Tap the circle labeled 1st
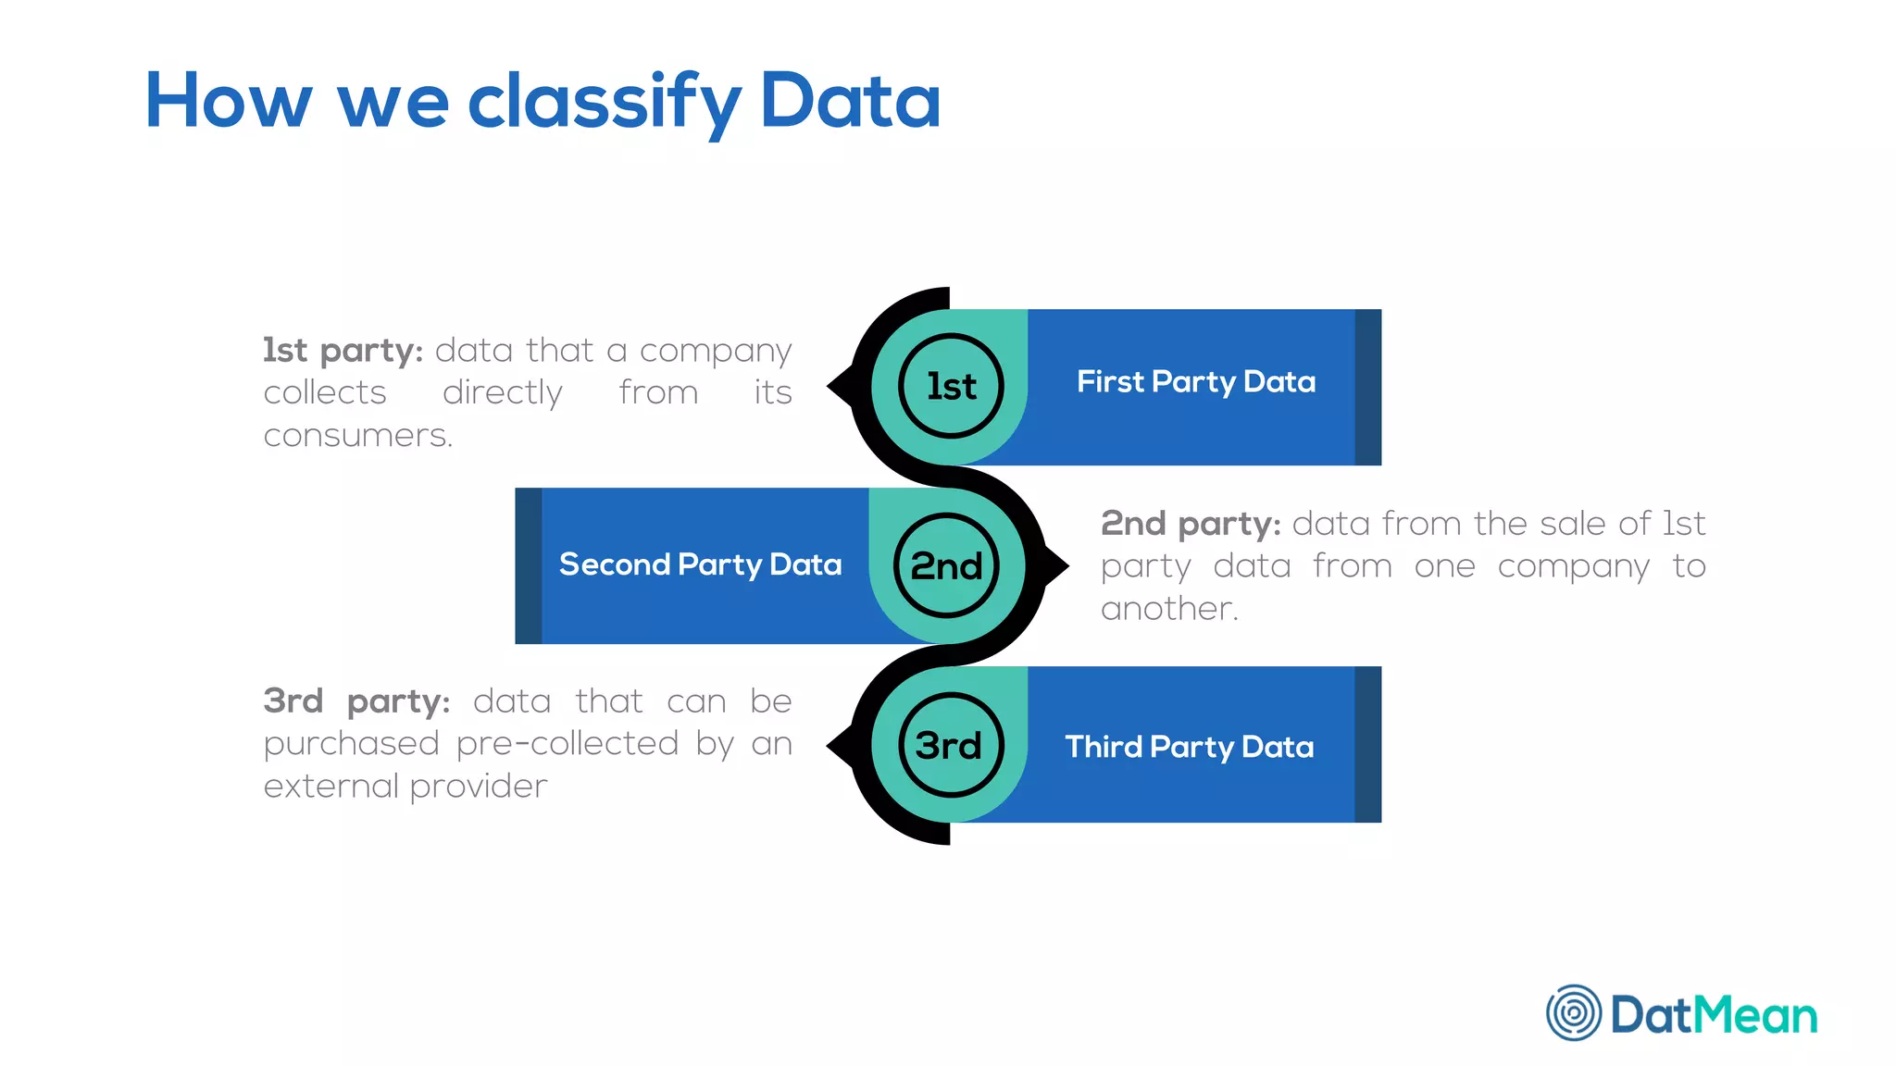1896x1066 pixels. coord(951,386)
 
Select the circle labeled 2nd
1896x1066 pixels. coord(946,565)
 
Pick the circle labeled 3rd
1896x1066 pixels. coord(951,745)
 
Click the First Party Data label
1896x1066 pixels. coord(1195,381)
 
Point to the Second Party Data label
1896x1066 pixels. coord(700,564)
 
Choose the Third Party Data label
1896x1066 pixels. coord(1189,747)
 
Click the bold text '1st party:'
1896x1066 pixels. coord(343,351)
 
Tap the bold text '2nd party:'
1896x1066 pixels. coord(1190,524)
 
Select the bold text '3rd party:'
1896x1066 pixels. coord(356,701)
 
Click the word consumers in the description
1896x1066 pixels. coord(357,435)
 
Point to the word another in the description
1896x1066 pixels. coord(1168,609)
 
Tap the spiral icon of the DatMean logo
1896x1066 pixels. coord(1573,1012)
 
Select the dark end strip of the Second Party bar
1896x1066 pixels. coord(528,565)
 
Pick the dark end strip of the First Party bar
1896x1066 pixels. coord(1367,387)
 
